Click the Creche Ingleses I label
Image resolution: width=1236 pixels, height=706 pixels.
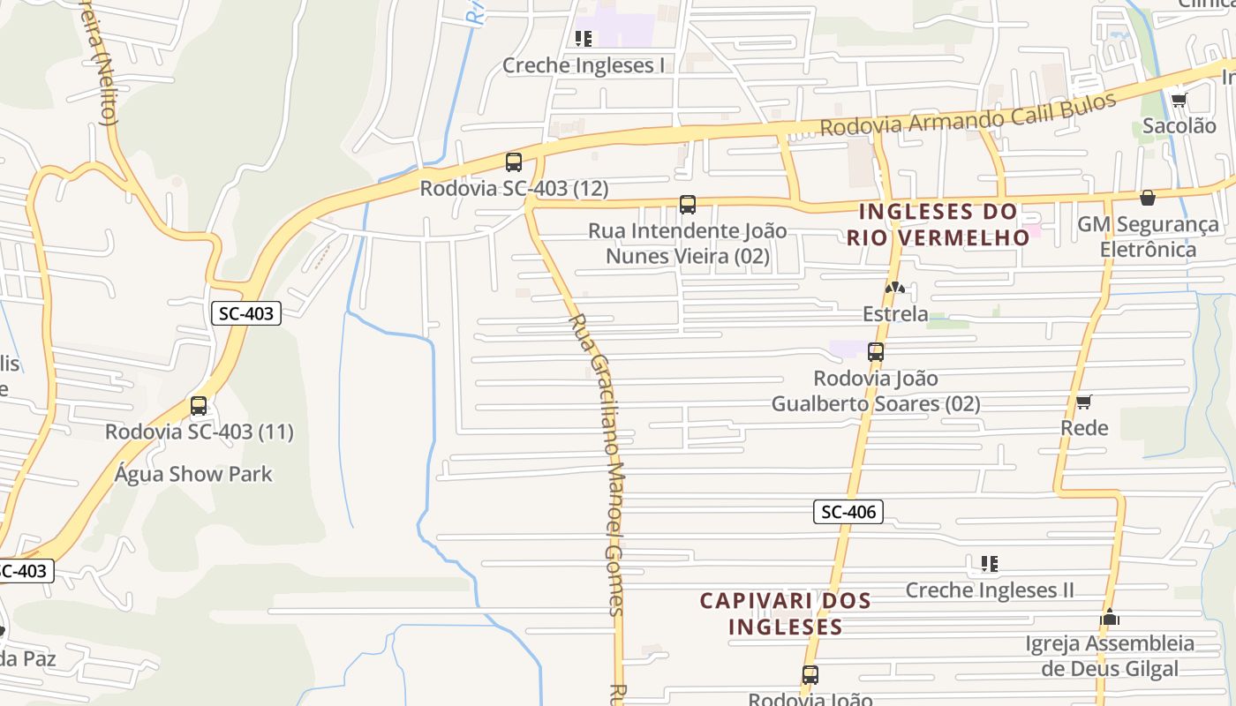coord(584,65)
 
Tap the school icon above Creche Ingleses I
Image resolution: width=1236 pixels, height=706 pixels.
coord(583,38)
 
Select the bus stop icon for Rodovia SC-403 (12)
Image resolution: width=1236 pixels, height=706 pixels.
coord(514,162)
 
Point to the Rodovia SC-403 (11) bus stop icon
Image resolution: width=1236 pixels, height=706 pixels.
coord(199,406)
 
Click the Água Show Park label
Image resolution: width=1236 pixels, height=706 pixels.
coord(193,474)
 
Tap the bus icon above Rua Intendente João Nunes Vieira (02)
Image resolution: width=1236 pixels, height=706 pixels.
coord(688,205)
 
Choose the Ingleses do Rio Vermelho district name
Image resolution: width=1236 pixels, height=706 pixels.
coord(938,224)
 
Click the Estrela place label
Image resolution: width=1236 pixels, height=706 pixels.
coord(895,314)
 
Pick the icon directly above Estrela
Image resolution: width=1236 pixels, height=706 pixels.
coord(894,288)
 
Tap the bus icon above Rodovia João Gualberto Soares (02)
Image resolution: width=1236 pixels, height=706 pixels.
coord(876,352)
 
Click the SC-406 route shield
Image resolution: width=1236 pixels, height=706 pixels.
coord(848,512)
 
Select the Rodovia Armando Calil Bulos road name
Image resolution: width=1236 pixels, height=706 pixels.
coord(968,113)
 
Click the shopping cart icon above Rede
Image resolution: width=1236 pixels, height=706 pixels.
coord(1084,402)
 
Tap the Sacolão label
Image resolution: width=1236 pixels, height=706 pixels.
coord(1179,125)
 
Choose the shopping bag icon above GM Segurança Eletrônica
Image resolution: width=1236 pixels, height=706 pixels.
coord(1148,198)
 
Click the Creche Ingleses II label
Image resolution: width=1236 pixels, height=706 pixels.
coord(990,590)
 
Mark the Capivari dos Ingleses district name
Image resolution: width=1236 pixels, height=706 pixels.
coord(785,613)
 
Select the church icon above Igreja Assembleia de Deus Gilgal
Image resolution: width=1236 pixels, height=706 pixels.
coord(1110,618)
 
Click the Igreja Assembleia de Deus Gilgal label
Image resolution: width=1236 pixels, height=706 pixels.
coord(1110,656)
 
